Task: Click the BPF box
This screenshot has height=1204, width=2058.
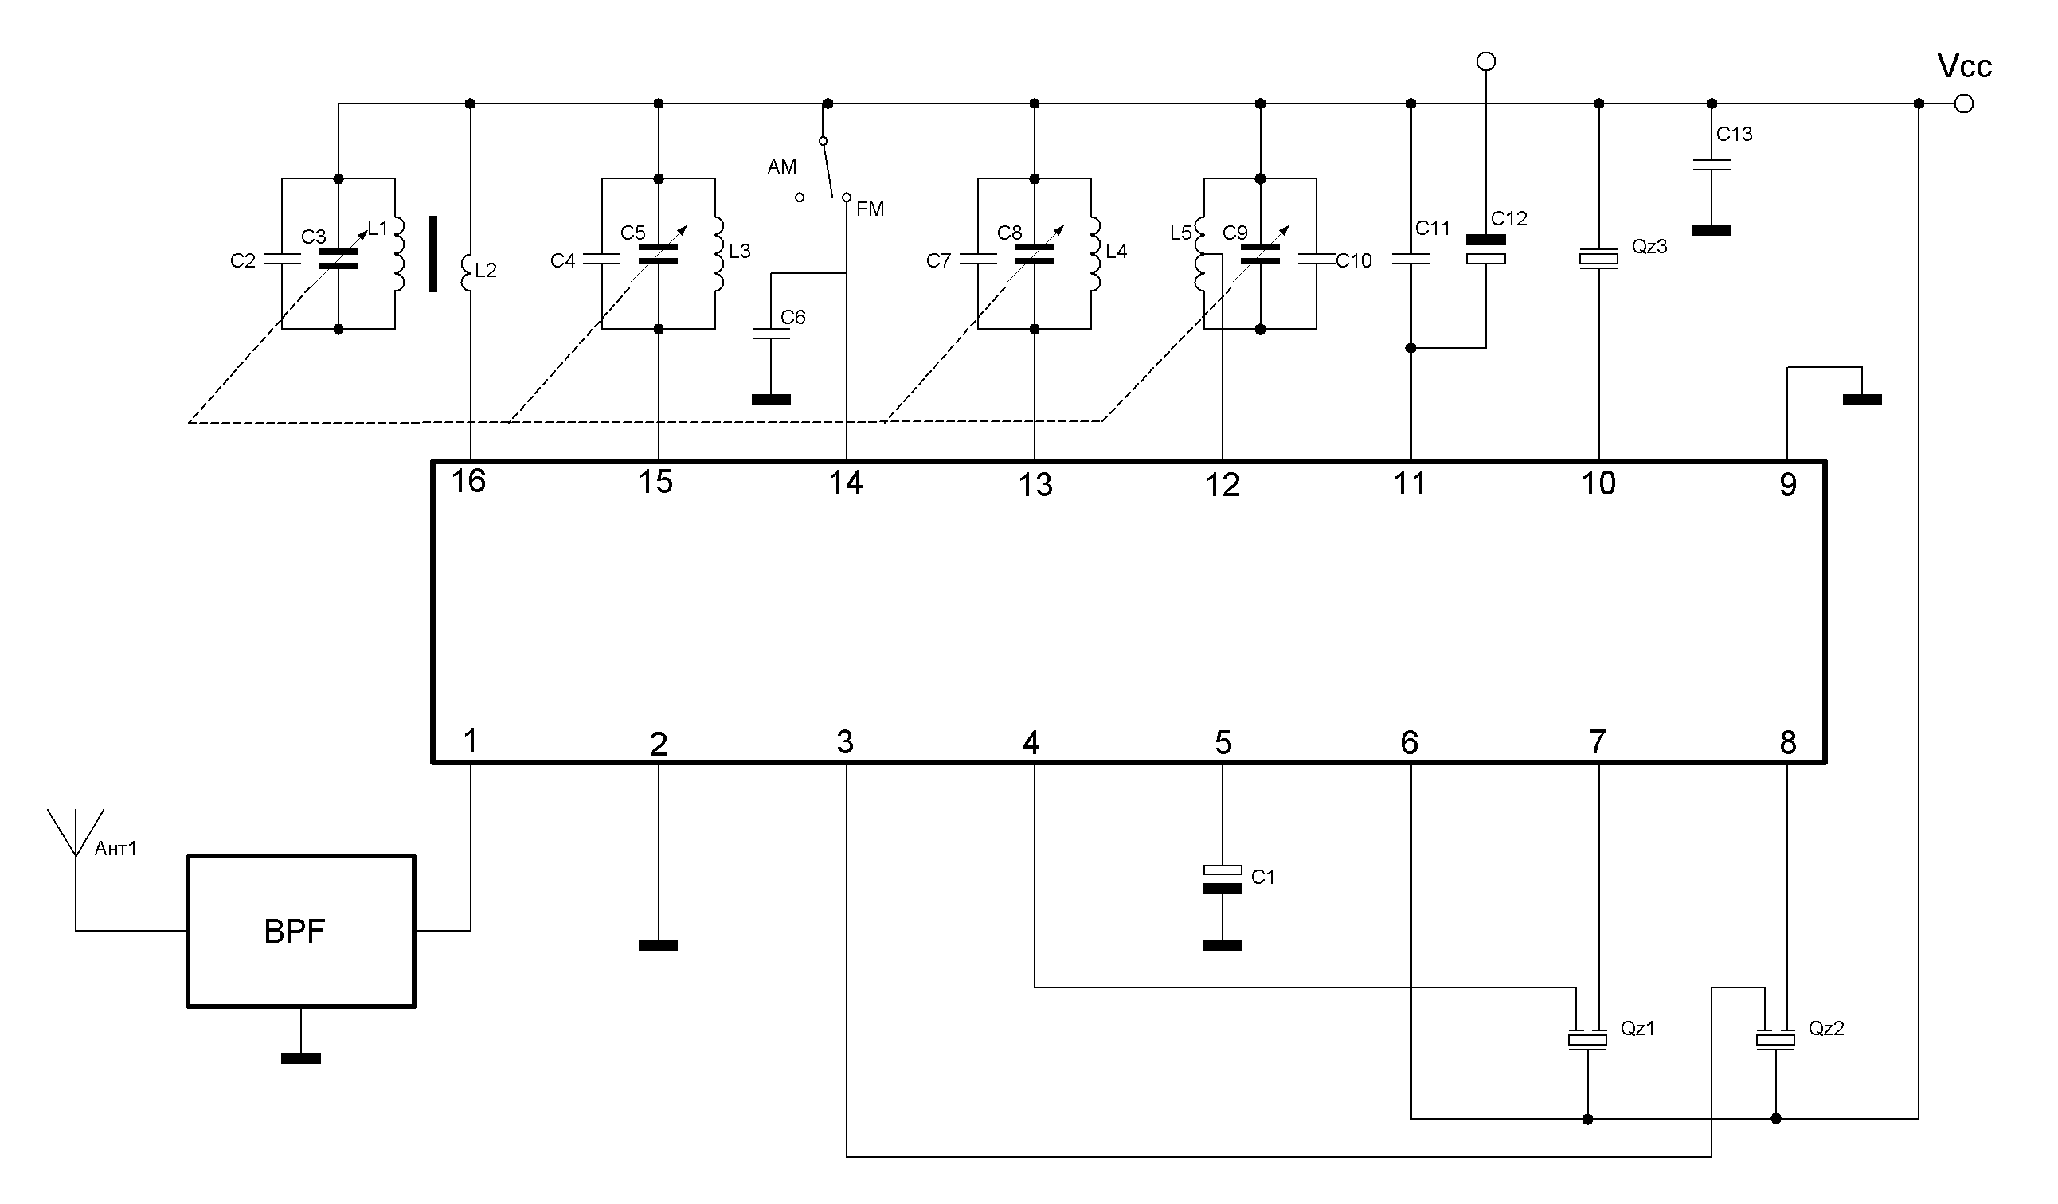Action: [300, 931]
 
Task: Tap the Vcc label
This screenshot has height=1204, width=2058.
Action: [1963, 67]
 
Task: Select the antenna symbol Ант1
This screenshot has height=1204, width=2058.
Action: [75, 833]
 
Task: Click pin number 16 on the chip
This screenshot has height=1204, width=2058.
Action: [469, 482]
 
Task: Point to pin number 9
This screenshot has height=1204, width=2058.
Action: [1788, 485]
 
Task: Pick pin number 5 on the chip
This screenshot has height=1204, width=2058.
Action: [1223, 743]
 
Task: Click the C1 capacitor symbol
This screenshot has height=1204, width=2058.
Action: [1223, 879]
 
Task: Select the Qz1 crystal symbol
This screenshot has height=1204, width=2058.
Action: [1587, 1040]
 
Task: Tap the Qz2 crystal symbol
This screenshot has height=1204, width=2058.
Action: [1775, 1040]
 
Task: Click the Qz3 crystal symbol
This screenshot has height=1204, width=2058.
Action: [1598, 259]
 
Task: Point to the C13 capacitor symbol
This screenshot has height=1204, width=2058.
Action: [1712, 165]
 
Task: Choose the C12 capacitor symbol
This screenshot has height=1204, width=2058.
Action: [1485, 249]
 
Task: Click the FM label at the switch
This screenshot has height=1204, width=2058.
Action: [870, 209]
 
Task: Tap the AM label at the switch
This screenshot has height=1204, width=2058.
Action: [781, 167]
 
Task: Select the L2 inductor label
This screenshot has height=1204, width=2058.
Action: [486, 270]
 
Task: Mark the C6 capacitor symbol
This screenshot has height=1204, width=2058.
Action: [771, 333]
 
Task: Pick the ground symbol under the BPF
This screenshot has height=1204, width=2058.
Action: [300, 1058]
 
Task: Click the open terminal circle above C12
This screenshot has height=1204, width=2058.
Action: [1485, 61]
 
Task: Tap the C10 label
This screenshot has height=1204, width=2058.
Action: [1353, 261]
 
